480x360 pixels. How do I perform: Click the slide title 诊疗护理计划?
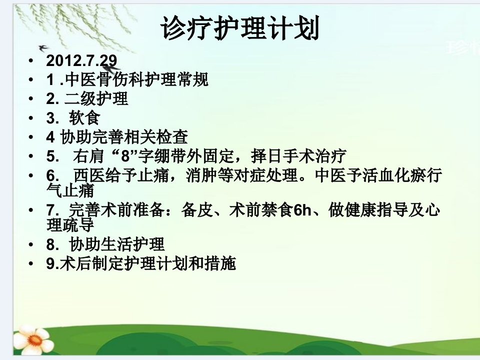coord(240,28)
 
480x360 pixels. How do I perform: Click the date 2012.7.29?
coord(81,60)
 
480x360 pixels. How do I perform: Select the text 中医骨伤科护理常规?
coord(136,79)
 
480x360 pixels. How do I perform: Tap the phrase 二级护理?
coord(96,98)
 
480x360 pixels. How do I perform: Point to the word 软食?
coord(84,117)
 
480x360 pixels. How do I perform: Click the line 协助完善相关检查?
coord(123,137)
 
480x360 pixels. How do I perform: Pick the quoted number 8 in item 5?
coord(126,156)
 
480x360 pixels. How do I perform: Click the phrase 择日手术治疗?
coord(299,156)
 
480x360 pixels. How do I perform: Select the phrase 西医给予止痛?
coord(121,175)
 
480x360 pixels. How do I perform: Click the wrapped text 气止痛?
coord(70,190)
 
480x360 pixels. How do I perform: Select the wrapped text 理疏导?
coord(70,224)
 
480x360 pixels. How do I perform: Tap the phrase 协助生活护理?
coord(116,244)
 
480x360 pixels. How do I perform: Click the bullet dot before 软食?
coord(31,118)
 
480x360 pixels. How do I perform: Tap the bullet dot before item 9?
coord(31,264)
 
